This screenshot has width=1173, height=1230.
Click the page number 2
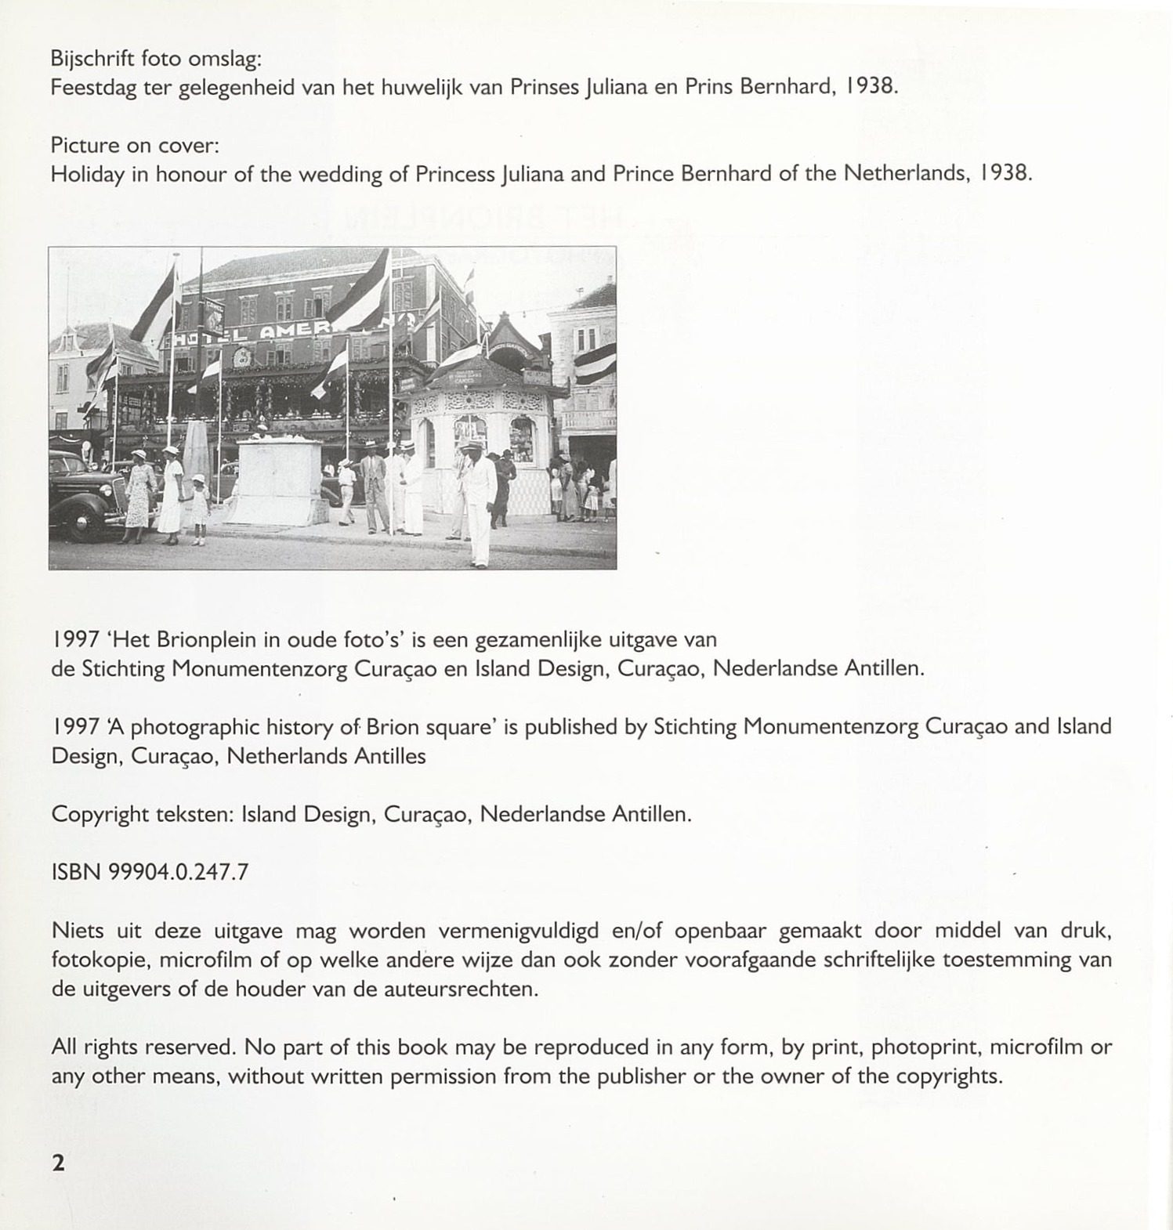(58, 1163)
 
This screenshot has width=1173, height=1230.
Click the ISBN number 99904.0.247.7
(179, 872)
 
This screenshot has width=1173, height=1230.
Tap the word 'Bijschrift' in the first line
(86, 59)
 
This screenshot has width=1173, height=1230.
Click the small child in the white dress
(200, 508)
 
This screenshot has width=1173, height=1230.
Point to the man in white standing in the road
(479, 501)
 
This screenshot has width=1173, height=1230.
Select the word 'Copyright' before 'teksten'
(100, 814)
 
